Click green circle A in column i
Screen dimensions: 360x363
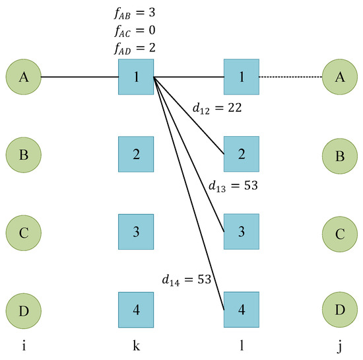click(24, 77)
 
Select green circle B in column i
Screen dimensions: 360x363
click(24, 155)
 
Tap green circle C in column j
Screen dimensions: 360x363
click(340, 233)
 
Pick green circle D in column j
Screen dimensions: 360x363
click(340, 310)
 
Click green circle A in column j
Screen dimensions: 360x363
click(340, 77)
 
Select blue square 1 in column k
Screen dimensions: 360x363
click(136, 77)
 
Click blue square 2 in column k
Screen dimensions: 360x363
click(136, 155)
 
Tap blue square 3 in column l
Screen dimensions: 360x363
click(242, 233)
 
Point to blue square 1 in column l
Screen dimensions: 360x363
click(242, 77)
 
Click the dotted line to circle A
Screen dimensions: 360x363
click(291, 77)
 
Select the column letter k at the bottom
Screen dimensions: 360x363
click(136, 345)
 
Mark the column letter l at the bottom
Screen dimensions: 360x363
click(242, 345)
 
